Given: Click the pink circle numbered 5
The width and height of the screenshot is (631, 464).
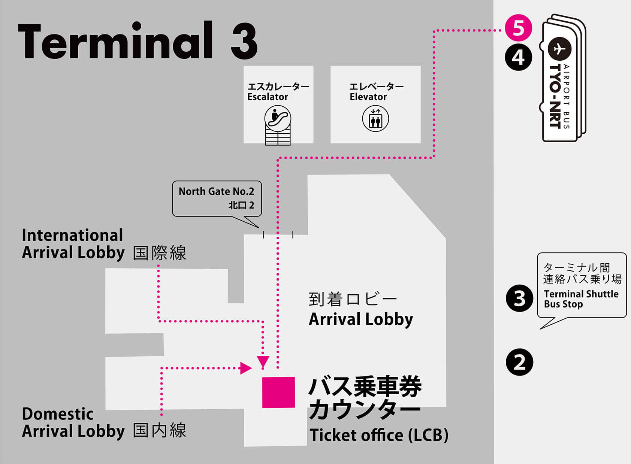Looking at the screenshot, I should pyautogui.click(x=518, y=28).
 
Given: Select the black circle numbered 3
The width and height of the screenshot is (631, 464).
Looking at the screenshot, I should pyautogui.click(x=519, y=298).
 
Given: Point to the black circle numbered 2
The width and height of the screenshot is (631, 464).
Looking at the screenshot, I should pyautogui.click(x=519, y=362).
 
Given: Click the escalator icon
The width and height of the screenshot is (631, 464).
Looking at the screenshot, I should pyautogui.click(x=278, y=118).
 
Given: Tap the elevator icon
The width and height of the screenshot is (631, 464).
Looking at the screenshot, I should pyautogui.click(x=375, y=119).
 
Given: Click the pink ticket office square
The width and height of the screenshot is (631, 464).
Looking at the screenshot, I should pyautogui.click(x=278, y=392).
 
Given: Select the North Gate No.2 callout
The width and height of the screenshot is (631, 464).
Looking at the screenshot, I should pyautogui.click(x=217, y=198).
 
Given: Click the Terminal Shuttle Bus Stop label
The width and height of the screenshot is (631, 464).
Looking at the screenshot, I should pyautogui.click(x=581, y=299).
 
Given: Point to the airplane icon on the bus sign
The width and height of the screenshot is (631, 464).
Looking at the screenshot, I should pyautogui.click(x=559, y=49).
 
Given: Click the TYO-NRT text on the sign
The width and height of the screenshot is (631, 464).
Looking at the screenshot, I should pyautogui.click(x=555, y=96).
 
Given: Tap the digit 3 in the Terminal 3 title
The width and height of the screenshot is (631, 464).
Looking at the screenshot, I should pyautogui.click(x=244, y=41).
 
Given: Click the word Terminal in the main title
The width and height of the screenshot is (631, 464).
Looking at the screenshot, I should pyautogui.click(x=115, y=41).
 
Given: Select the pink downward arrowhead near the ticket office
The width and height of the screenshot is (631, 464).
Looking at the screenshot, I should pyautogui.click(x=263, y=361).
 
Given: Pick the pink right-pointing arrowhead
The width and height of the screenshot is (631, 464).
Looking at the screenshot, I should pyautogui.click(x=246, y=368).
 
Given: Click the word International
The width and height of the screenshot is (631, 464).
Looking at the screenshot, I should pyautogui.click(x=72, y=235).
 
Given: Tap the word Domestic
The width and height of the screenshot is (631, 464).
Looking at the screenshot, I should pyautogui.click(x=58, y=414).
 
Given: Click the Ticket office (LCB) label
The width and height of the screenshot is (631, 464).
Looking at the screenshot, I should pyautogui.click(x=379, y=435).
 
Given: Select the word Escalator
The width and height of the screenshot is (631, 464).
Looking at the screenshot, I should pyautogui.click(x=268, y=97).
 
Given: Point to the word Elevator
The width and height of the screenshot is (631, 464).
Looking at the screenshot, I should pyautogui.click(x=368, y=97).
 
